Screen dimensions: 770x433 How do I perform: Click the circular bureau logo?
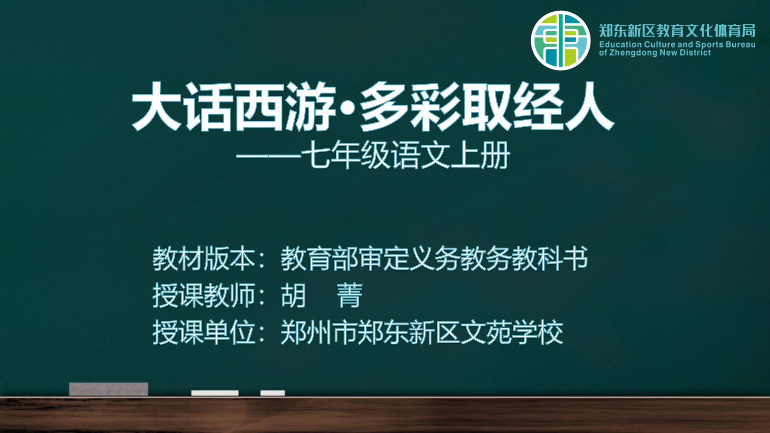point(561,41)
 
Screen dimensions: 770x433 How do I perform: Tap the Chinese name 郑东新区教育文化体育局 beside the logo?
point(677,30)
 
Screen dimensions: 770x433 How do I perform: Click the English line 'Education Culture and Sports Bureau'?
point(677,45)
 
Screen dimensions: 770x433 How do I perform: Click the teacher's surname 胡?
point(294,295)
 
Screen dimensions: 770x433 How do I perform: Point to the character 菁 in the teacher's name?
point(350,295)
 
